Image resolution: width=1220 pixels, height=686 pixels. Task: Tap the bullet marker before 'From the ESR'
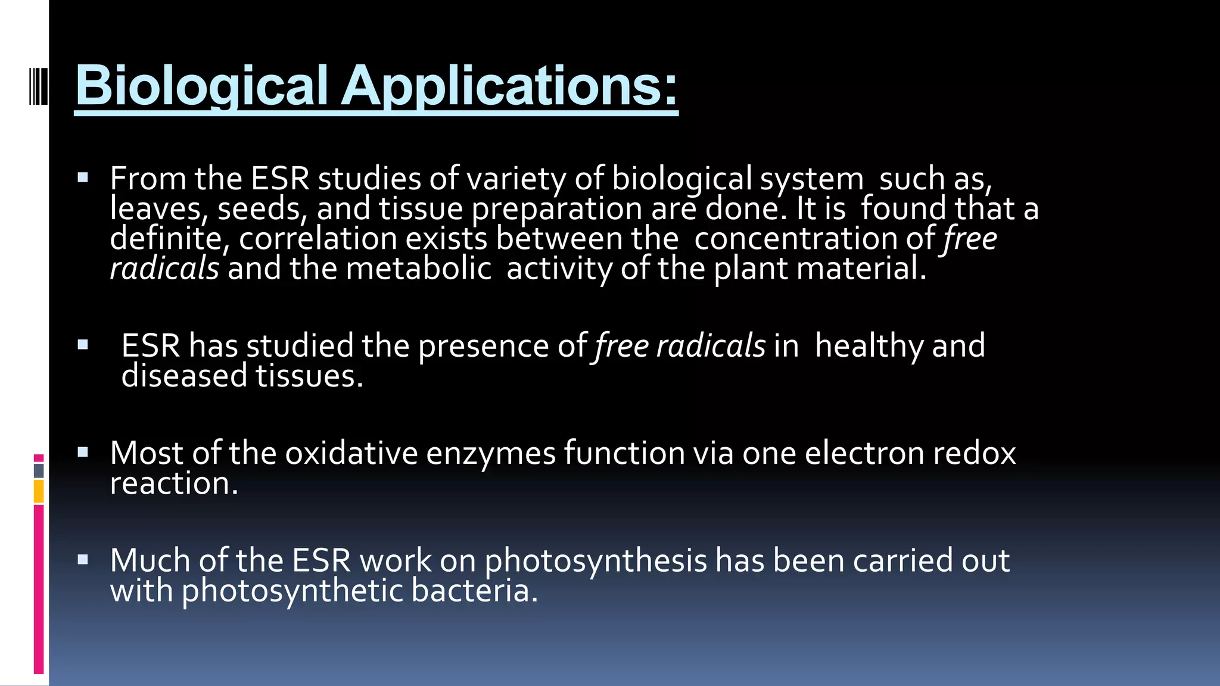coord(83,177)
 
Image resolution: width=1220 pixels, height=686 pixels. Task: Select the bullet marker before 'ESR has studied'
coord(83,345)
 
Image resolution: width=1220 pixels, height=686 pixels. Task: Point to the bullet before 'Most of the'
coord(83,453)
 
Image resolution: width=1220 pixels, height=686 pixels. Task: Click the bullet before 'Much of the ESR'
coord(83,560)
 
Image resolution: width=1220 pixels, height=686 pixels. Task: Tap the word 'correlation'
coord(318,239)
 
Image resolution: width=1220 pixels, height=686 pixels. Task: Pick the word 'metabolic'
coord(418,269)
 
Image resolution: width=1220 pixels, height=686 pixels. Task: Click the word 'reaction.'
coord(174,484)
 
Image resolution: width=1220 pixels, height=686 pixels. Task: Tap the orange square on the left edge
coord(39,492)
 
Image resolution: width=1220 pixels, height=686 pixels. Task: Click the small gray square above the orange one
coord(39,470)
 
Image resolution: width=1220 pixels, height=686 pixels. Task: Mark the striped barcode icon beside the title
coord(38,87)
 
